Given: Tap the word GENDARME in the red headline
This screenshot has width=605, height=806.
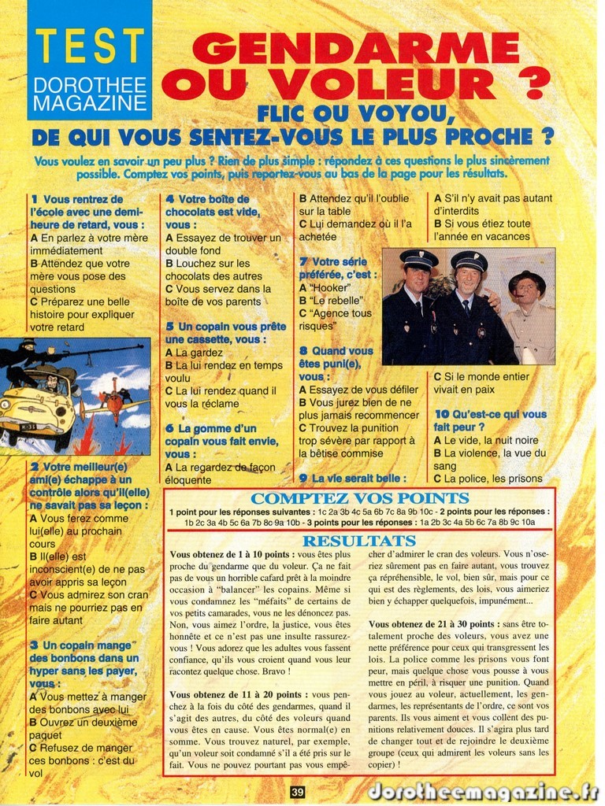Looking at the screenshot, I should (x=354, y=49).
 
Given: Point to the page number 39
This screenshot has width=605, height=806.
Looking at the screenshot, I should (x=297, y=793).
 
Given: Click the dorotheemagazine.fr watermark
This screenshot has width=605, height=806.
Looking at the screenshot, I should (x=483, y=791).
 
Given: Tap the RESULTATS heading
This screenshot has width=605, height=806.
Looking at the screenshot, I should (x=359, y=541).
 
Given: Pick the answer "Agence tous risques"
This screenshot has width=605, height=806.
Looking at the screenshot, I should (x=335, y=319).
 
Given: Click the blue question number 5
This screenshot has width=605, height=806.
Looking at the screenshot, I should (x=169, y=326).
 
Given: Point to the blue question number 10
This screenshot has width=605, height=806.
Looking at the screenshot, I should (x=441, y=414).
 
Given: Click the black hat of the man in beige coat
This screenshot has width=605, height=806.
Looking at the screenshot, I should (x=526, y=279).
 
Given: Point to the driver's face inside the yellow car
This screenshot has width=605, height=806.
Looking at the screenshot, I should (x=51, y=383).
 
